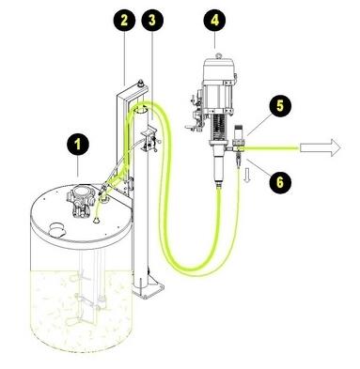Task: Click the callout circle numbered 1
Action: [x=75, y=145]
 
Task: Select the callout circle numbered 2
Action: [x=124, y=18]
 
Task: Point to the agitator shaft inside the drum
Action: [x=83, y=282]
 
